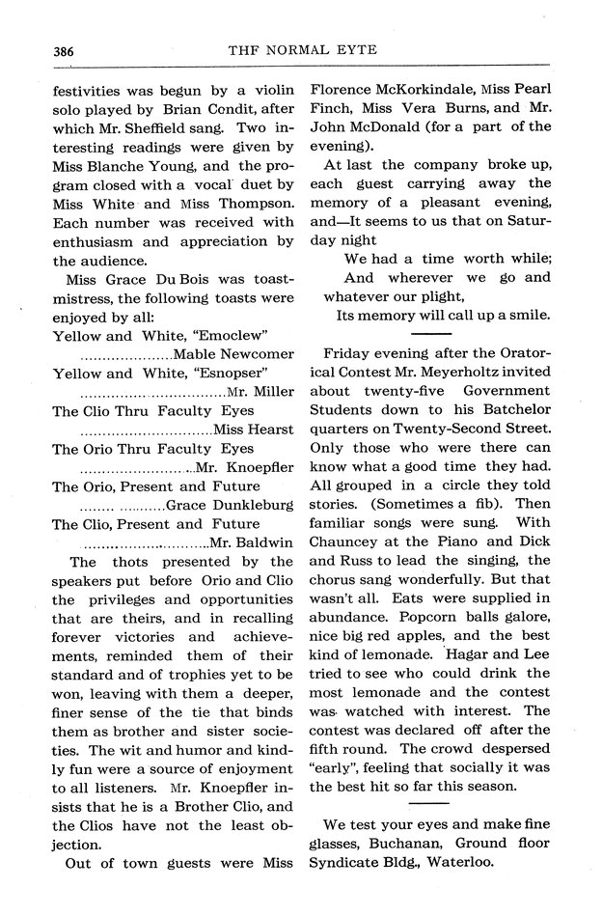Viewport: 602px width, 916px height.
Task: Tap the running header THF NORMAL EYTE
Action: click(x=301, y=49)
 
